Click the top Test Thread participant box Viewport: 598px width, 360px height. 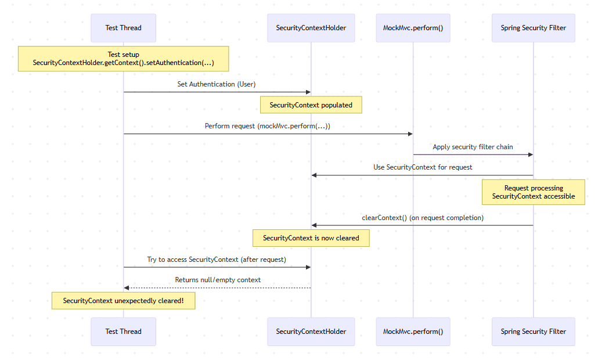click(123, 28)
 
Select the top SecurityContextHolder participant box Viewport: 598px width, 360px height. click(311, 28)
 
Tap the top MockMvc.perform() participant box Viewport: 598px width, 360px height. click(413, 28)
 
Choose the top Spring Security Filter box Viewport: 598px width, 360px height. click(533, 28)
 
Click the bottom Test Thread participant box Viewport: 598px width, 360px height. click(123, 332)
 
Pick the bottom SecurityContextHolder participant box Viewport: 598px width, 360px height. click(311, 332)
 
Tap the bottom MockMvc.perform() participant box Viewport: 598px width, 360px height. click(413, 332)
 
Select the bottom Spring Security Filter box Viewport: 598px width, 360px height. click(533, 332)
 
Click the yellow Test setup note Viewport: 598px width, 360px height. click(123, 59)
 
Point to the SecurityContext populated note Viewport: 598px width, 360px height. click(311, 105)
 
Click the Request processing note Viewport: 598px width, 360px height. click(533, 192)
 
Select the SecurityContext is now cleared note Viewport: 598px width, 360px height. click(311, 238)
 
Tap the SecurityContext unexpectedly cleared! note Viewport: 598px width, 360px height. click(123, 301)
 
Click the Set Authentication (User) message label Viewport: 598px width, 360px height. click(217, 84)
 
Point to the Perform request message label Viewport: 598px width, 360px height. click(268, 126)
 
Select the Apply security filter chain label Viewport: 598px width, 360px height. click(473, 147)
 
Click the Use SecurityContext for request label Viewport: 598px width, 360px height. click(423, 167)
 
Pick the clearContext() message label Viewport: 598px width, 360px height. click(423, 218)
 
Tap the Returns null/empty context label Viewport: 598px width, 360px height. click(218, 280)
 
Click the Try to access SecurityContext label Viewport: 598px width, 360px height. click(217, 260)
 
